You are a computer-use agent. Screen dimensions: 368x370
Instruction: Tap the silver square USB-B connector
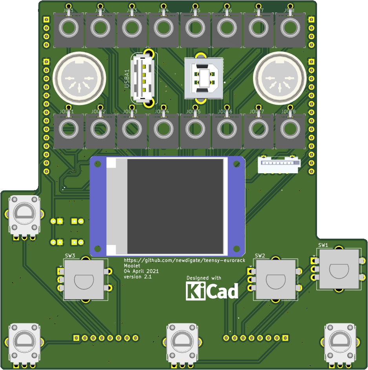(204, 78)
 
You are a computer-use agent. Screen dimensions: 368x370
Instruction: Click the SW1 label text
(323, 245)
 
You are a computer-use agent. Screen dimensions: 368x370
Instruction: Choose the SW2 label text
(260, 256)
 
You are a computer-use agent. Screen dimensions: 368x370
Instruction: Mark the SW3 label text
(70, 256)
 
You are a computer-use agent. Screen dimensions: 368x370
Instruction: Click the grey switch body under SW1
(339, 269)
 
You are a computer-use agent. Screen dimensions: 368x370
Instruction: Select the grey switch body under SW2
(276, 280)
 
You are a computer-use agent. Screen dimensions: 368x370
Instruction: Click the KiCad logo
(212, 291)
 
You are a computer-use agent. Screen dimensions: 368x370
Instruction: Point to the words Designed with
(204, 278)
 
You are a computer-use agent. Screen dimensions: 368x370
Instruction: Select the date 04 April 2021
(141, 271)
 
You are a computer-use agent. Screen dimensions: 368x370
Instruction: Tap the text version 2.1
(138, 277)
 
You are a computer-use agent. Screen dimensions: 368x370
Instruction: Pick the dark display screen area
(175, 206)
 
